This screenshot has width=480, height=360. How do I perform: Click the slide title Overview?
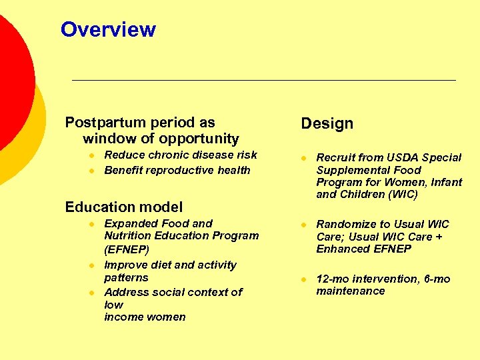pyautogui.click(x=108, y=29)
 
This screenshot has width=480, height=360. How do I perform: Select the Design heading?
pyautogui.click(x=327, y=123)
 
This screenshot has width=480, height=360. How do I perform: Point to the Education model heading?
pyautogui.click(x=123, y=207)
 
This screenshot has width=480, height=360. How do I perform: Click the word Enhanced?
pyautogui.click(x=341, y=249)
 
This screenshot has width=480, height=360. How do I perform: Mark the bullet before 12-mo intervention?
pyautogui.click(x=302, y=279)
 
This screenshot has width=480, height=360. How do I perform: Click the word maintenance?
pyautogui.click(x=350, y=291)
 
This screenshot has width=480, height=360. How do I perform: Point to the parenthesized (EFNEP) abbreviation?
pyautogui.click(x=127, y=249)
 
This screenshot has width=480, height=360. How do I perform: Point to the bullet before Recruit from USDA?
pyautogui.click(x=302, y=158)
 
